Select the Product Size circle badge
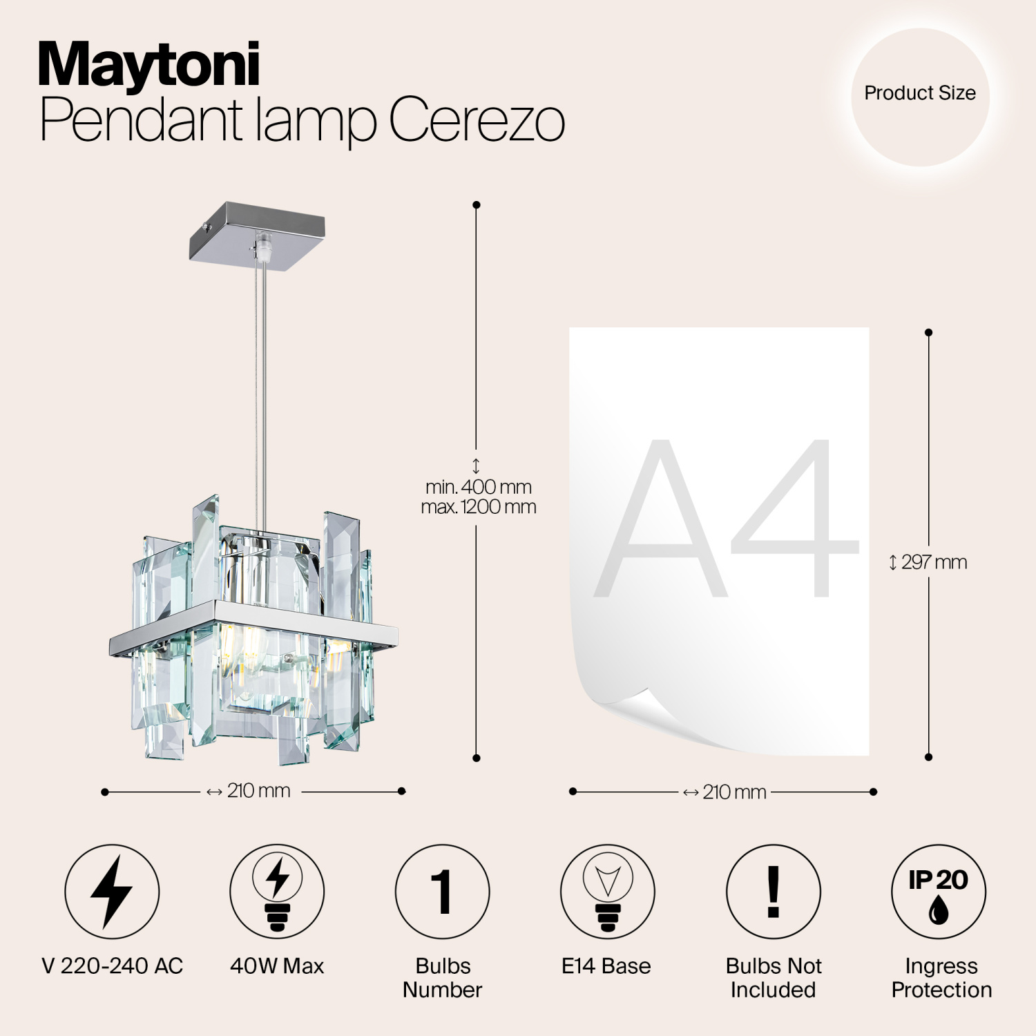coord(920,94)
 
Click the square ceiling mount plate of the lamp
coord(258,232)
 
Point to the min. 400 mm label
coord(479,487)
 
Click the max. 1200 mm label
coord(479,507)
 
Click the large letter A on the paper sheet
coord(661,519)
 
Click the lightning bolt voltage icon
coord(112,891)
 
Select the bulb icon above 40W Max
coord(277,891)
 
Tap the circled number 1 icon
coord(442,891)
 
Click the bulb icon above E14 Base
coord(607,891)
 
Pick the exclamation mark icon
coord(774,891)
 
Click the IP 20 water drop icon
coord(939,891)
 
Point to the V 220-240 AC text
coord(113,966)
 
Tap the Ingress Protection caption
coord(941,978)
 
